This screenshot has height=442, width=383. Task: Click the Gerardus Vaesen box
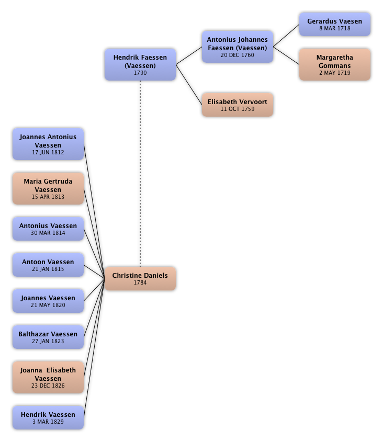click(335, 25)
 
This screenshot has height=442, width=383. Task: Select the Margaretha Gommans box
click(335, 65)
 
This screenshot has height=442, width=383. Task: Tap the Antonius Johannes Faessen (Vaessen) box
click(237, 47)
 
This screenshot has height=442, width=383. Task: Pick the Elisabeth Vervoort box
click(237, 105)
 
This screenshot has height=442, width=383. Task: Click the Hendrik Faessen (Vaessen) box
click(140, 65)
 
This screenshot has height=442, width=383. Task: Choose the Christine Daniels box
click(140, 278)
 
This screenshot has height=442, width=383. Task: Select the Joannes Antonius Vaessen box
click(48, 144)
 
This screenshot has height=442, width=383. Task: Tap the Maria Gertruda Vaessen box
click(48, 189)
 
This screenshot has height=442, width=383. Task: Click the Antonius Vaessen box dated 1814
click(48, 229)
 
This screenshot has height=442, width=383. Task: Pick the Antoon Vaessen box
click(48, 265)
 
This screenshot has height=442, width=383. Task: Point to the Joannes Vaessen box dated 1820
click(48, 301)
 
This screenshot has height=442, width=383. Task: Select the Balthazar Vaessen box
click(48, 337)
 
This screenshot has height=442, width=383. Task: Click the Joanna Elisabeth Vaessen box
click(48, 377)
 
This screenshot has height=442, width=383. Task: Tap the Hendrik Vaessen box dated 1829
click(48, 418)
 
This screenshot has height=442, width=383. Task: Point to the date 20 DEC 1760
click(237, 54)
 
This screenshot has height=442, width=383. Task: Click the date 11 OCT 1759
click(237, 109)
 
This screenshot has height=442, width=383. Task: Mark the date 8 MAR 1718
click(335, 28)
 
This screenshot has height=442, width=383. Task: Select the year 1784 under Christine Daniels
click(140, 283)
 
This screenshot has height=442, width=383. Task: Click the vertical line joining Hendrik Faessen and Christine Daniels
click(140, 173)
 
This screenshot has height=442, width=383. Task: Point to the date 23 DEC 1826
click(48, 386)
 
